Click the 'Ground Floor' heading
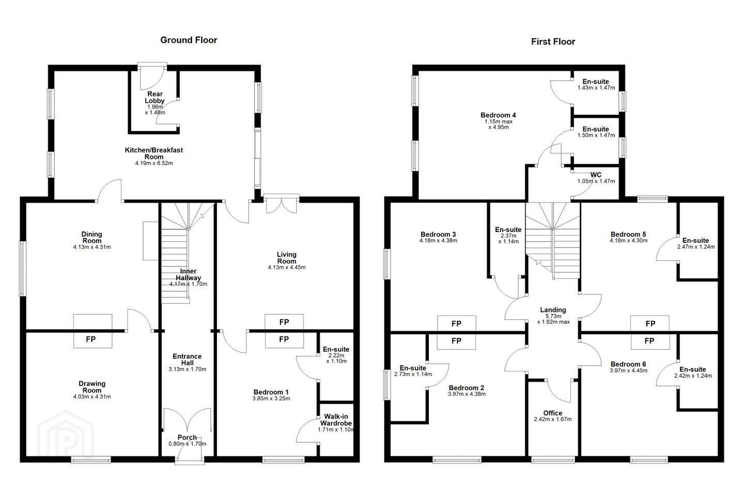pos(189,40)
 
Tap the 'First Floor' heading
pos(553,42)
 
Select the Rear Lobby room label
pos(155,97)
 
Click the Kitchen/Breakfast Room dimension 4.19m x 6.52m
pos(154,163)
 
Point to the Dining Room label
pos(92,238)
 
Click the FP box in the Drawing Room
pos(92,339)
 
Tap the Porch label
pos(188,438)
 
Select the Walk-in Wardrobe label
pos(336,420)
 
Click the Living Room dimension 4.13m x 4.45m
pos(287,268)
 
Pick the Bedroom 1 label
pos(271,392)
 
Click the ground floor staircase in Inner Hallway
pos(175,253)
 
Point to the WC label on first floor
pos(596,175)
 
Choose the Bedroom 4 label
pos(498,115)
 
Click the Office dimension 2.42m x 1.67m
pos(553,420)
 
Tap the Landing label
pos(553,310)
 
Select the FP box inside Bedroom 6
pos(650,341)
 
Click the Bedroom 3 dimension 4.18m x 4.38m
pos(439,241)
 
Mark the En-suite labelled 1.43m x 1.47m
pos(596,82)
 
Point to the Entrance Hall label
pos(188,360)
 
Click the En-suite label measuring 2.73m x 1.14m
pos(413,368)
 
